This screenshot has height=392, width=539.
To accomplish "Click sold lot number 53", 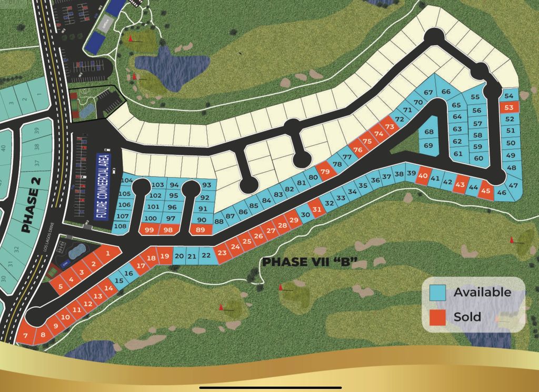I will coord(508,107).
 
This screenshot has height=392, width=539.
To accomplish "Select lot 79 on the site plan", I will coord(325,172).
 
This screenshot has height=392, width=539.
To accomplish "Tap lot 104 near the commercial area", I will coord(126,180).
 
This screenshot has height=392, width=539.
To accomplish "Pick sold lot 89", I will coord(200,229).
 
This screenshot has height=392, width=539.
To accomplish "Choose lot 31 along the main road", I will coord(316,209).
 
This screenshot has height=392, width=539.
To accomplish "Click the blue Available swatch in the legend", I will coord(437,293).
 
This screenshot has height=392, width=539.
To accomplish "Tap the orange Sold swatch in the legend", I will coord(437,317).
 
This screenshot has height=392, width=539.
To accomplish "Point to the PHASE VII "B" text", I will coord(310,262).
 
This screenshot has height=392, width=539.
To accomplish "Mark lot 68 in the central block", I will coord(428,132).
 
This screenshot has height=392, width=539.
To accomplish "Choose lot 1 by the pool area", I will coord(107,254).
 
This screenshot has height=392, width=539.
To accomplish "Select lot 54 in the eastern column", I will coord(508,96).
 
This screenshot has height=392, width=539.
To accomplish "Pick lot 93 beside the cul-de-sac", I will coord(206,185).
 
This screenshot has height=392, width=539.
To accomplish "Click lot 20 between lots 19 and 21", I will coord(179,256).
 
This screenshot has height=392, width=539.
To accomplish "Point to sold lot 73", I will coord(390,127).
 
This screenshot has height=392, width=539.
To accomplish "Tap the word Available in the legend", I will coord(482,292).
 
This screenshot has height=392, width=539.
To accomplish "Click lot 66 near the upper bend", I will coord(446,92).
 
